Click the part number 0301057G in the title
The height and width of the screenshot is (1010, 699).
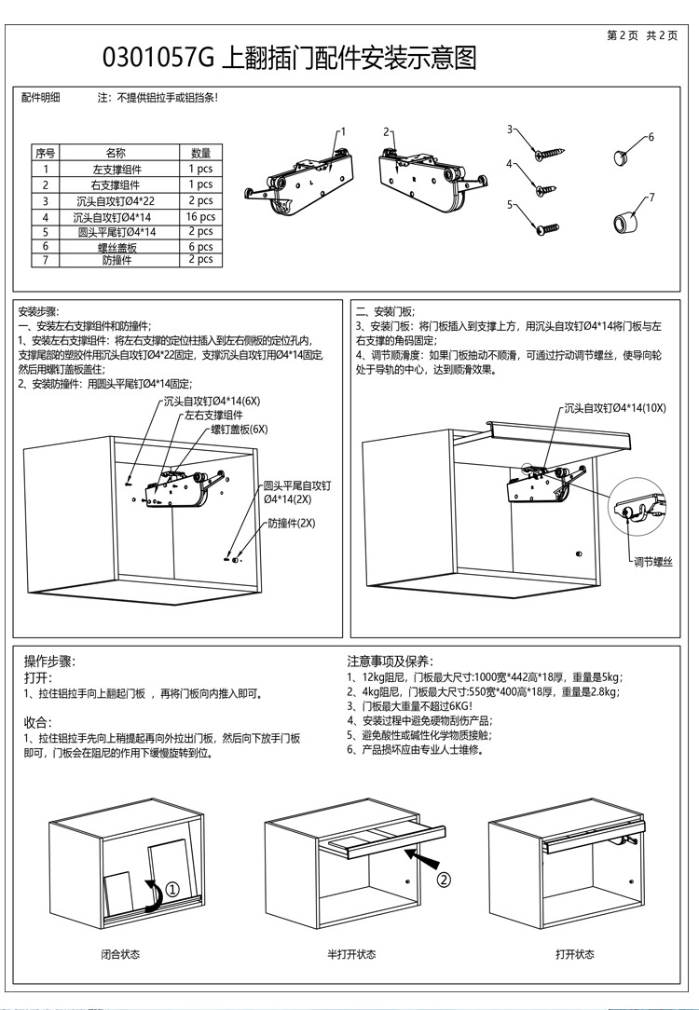click(x=158, y=60)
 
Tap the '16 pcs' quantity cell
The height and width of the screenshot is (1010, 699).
click(x=201, y=216)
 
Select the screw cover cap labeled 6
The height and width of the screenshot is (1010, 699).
click(x=623, y=155)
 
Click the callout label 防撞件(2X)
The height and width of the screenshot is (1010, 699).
click(x=292, y=523)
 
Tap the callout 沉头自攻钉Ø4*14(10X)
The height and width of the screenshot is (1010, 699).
click(x=615, y=408)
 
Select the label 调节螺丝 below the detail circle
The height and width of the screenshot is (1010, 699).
click(x=653, y=561)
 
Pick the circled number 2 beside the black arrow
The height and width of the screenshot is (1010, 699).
click(x=445, y=878)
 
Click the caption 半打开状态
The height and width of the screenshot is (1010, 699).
click(x=351, y=954)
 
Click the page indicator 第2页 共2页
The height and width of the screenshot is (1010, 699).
click(x=642, y=35)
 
